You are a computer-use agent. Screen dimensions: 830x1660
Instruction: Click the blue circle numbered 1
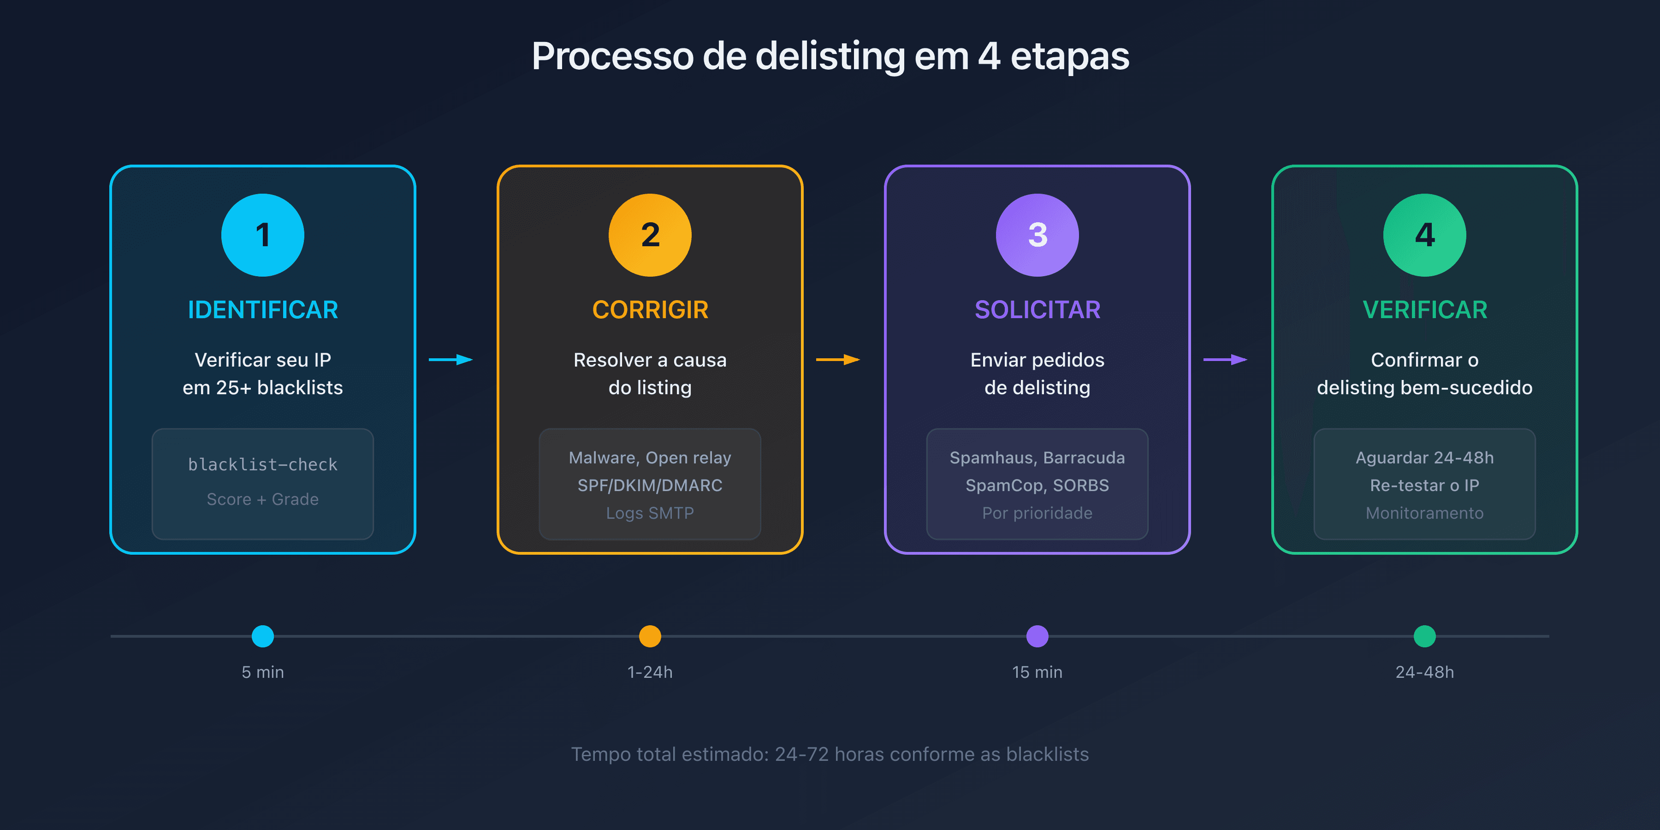(x=262, y=235)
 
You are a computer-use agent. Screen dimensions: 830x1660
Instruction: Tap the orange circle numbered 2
(x=650, y=235)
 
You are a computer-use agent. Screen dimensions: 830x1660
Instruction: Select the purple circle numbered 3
(x=1037, y=235)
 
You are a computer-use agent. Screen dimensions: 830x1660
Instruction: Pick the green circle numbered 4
(x=1424, y=235)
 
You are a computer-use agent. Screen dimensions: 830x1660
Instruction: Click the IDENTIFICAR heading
(x=262, y=310)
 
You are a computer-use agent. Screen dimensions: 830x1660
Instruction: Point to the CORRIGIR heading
(x=650, y=310)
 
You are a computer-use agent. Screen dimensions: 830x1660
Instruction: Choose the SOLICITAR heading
(x=1037, y=310)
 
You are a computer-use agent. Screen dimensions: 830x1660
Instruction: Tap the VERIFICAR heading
(x=1424, y=310)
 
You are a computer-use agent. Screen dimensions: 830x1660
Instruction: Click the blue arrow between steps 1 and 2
(x=451, y=360)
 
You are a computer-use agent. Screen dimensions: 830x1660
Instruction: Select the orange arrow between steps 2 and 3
(x=838, y=360)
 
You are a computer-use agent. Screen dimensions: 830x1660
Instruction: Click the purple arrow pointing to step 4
(x=1225, y=360)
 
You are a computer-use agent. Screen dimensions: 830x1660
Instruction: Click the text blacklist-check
(x=262, y=465)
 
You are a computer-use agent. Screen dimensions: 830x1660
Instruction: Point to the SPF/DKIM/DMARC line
(x=650, y=485)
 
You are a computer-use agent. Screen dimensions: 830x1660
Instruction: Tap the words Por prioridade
(x=1037, y=513)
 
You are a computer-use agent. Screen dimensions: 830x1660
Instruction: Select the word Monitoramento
(x=1424, y=513)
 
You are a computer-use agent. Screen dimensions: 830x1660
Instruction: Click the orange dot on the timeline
(x=650, y=636)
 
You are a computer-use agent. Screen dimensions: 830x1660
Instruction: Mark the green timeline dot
(x=1424, y=636)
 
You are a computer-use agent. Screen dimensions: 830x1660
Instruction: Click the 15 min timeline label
(x=1037, y=672)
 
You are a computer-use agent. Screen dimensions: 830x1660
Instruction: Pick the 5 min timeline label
(x=262, y=672)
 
